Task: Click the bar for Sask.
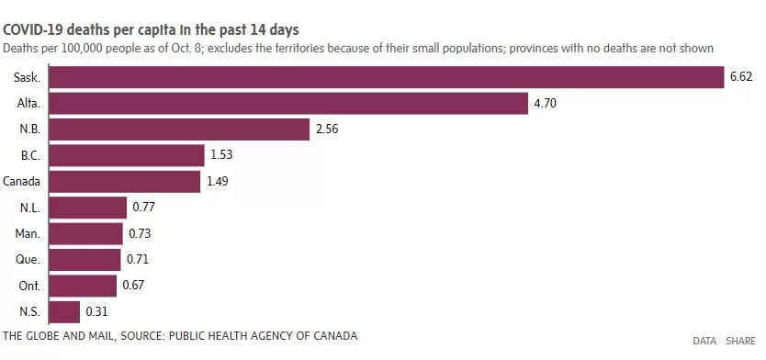tap(387, 77)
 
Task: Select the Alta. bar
tap(288, 104)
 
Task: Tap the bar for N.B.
tap(179, 129)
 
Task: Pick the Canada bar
tap(125, 182)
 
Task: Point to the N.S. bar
tap(64, 311)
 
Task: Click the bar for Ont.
tap(83, 286)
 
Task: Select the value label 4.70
tap(546, 104)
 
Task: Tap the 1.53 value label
tap(221, 155)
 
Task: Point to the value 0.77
tap(143, 208)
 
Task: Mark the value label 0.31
tap(96, 311)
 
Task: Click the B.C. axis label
tap(30, 156)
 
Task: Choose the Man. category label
tap(28, 234)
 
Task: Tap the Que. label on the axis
tap(28, 260)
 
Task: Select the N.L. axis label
tap(30, 208)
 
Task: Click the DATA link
tap(704, 341)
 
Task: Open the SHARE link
tap(740, 341)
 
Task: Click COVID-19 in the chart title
tap(33, 29)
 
